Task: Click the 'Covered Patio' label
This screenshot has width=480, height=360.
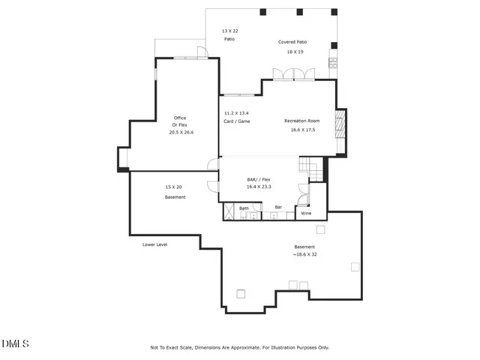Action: [x=292, y=42]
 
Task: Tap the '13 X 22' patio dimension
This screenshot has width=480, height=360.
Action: [x=229, y=31]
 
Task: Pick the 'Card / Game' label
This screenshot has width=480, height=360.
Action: [x=236, y=121]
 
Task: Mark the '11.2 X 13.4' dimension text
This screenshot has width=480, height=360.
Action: [x=236, y=113]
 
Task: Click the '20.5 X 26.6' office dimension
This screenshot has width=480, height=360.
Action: [x=181, y=132]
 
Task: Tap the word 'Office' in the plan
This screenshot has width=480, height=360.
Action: [x=180, y=118]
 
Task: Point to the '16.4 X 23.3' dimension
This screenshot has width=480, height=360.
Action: [x=259, y=187]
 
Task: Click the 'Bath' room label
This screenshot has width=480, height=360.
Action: [x=244, y=208]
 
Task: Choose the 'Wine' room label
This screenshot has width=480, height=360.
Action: [x=306, y=214]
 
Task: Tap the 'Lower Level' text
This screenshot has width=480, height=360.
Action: [x=154, y=244]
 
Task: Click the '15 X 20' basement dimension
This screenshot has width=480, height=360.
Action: [x=174, y=187]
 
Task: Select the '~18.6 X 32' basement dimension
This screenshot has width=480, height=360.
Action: [x=304, y=255]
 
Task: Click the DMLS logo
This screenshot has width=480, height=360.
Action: [x=15, y=344]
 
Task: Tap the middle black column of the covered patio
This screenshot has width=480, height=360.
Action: [x=300, y=12]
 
